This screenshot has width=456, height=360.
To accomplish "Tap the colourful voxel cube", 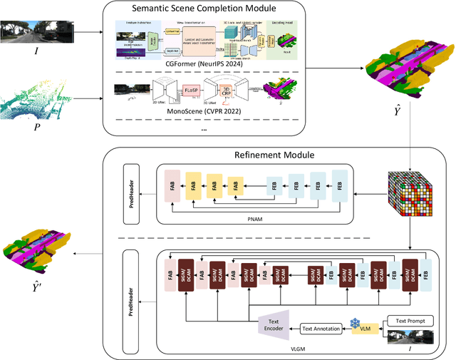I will (x=409, y=192).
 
